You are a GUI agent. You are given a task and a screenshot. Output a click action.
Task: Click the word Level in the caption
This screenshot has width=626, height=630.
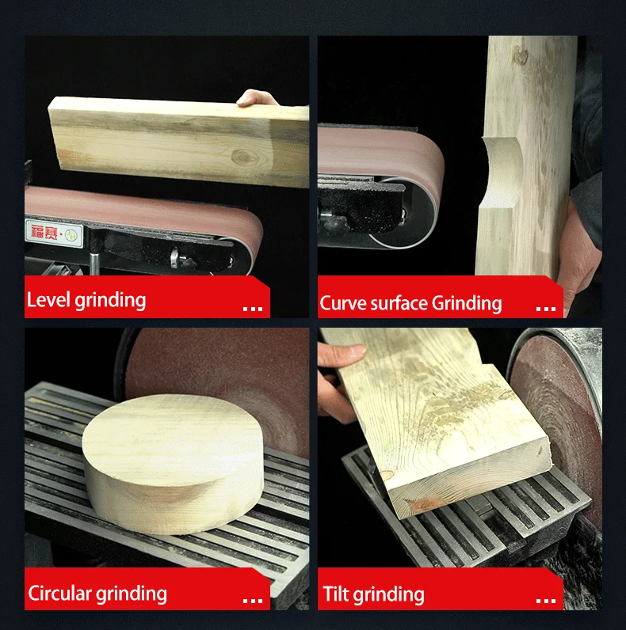[48, 300]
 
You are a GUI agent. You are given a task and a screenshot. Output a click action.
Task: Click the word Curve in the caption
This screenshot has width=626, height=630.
[343, 303]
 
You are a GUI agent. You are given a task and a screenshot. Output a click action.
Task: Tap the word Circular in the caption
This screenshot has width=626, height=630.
[60, 593]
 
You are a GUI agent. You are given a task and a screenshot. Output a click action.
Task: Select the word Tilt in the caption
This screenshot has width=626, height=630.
[337, 594]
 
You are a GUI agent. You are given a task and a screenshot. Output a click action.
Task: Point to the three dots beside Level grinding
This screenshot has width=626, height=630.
[252, 308]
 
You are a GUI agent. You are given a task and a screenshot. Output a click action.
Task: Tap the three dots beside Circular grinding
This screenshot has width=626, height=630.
[252, 601]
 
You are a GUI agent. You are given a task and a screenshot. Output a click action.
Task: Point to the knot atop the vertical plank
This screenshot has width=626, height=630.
[521, 55]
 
